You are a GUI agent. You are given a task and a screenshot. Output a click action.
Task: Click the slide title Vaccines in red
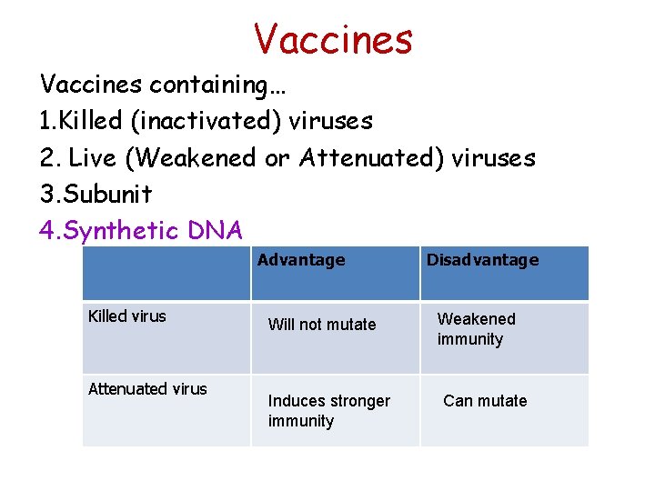pos(333,39)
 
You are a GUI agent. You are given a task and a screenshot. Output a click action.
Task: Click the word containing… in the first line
pos(218,85)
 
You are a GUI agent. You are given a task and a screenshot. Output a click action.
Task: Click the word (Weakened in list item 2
pos(191,157)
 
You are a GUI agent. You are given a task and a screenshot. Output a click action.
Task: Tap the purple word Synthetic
pos(121,231)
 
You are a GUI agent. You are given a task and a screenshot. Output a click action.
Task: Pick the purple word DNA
pos(216,231)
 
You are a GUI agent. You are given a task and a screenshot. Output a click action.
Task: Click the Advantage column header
pos(301,260)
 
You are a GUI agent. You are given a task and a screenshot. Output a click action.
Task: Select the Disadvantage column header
pos(483,260)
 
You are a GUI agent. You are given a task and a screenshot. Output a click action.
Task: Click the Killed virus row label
pos(127,316)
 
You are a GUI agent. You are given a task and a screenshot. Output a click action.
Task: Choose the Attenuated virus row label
pos(147,389)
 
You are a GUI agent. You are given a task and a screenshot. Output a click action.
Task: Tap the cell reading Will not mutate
pos(322,325)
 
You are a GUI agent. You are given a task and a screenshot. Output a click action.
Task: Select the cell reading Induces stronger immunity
pos(328,411)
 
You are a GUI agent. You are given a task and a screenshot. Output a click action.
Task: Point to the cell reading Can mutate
pos(485,401)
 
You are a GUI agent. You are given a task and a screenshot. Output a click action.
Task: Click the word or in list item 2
pos(277,158)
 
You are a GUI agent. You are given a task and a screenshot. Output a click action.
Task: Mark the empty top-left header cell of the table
pos(166,273)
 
